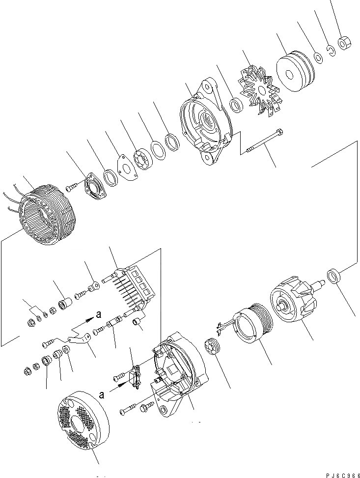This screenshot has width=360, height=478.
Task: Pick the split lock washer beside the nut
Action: (x=332, y=51)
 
